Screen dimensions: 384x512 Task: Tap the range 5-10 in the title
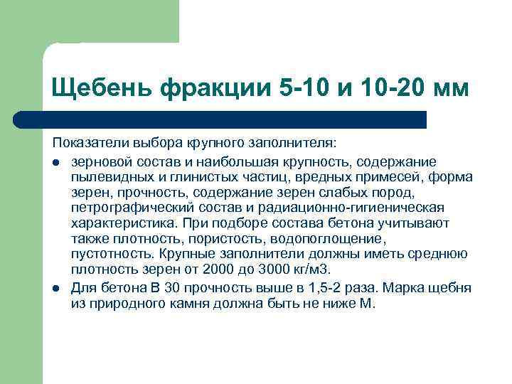pos(299,89)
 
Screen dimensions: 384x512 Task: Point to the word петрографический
pos(121,207)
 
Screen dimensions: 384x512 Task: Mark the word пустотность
pos(106,254)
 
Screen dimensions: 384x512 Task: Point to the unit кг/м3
pos(311,270)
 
